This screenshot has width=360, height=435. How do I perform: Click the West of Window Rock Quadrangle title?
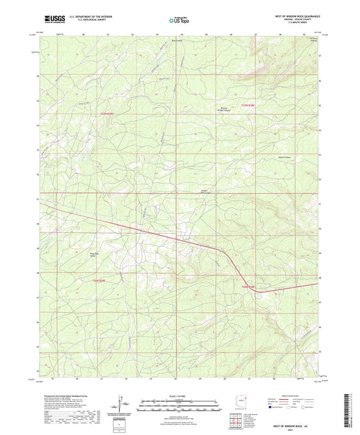pos(288,16)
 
